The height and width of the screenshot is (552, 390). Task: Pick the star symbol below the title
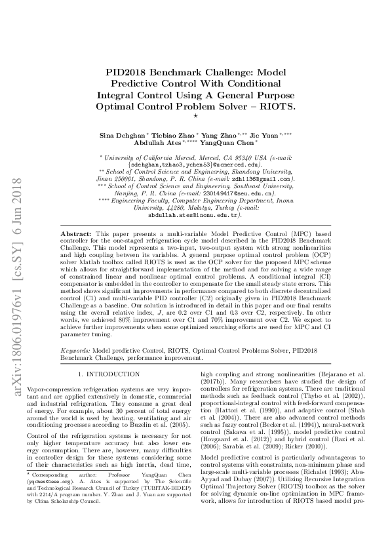pyautogui.click(x=195, y=115)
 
